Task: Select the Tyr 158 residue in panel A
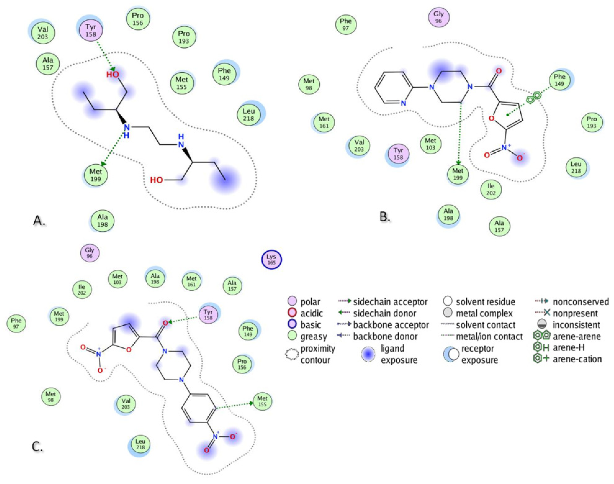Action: [91, 31]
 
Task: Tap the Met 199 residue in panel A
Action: [96, 175]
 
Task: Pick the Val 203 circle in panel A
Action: [43, 33]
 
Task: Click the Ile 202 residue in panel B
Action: [491, 189]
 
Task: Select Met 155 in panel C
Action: [262, 401]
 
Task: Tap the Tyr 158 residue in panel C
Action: [208, 314]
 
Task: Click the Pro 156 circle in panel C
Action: [242, 364]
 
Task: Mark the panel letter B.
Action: [384, 217]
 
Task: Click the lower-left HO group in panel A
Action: [156, 180]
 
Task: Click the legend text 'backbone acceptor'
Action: [391, 325]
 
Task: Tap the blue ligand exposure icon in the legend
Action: [368, 355]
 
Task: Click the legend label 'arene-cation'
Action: [577, 359]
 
